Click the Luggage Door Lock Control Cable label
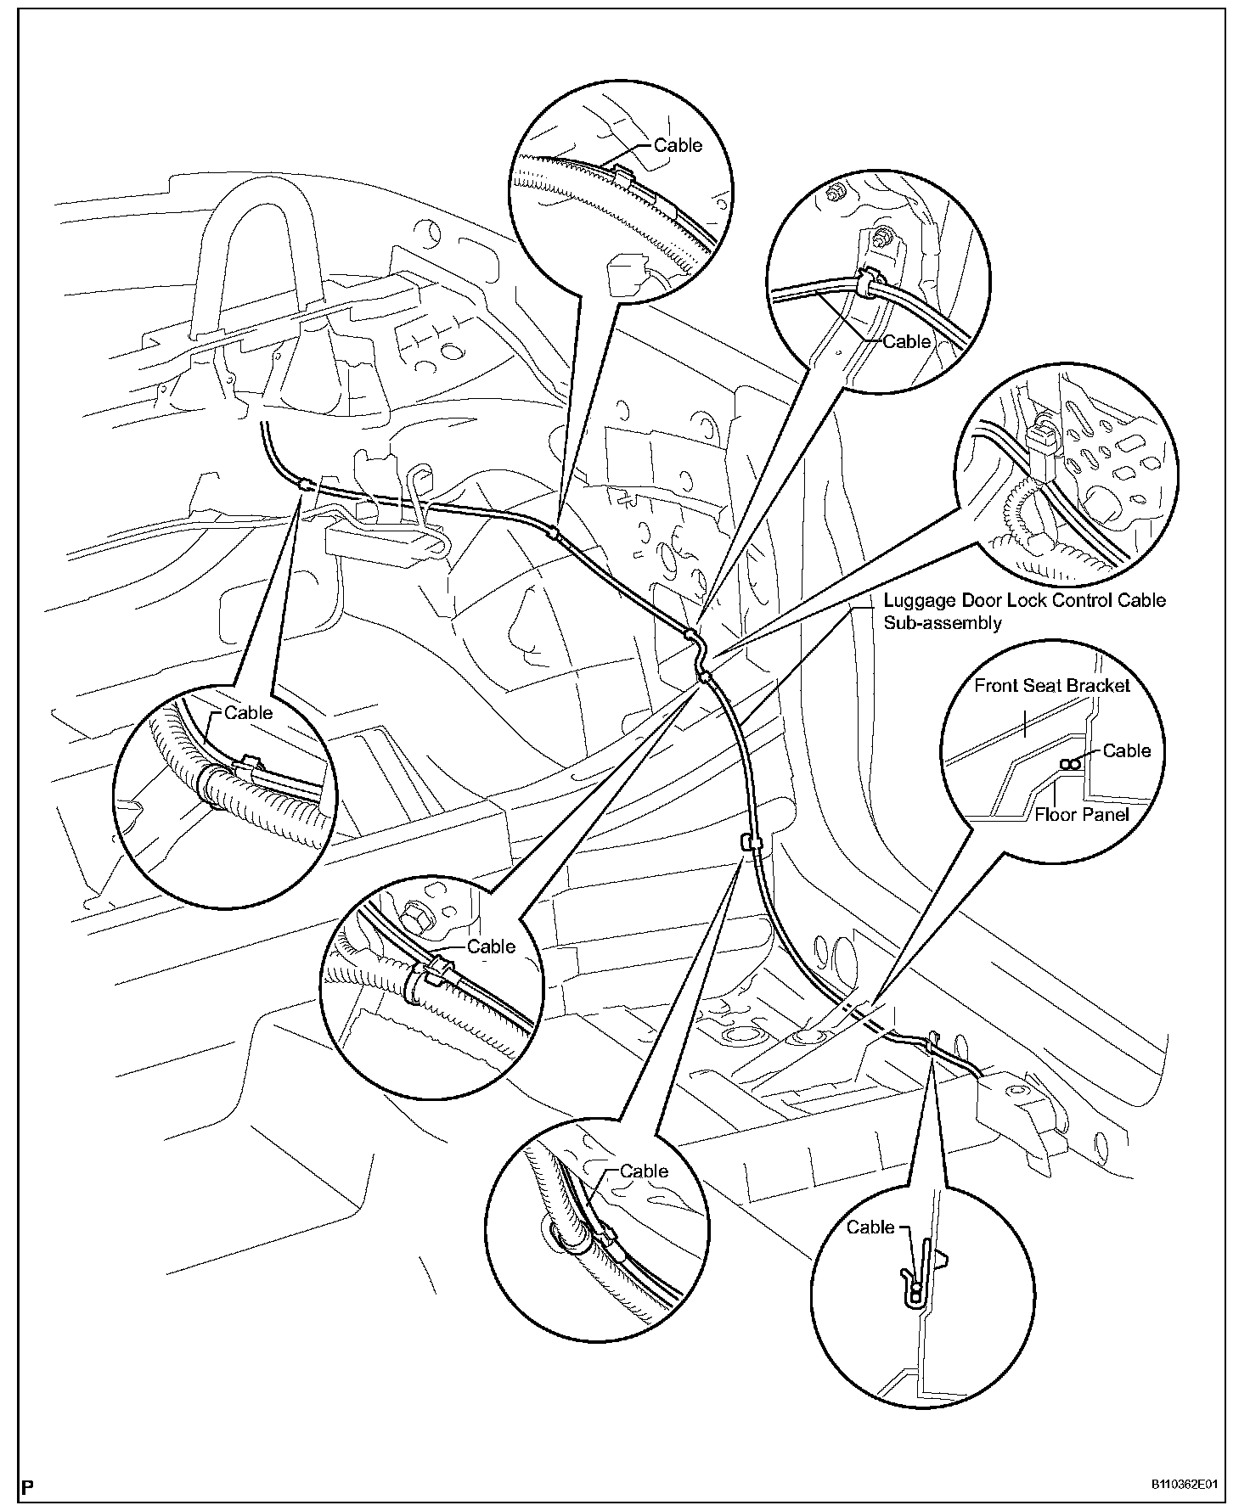pos(1024,601)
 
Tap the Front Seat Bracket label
pos(1051,685)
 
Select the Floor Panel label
pos(1081,815)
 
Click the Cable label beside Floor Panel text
pos(1126,750)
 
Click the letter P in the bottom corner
pos(28,1486)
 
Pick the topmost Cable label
pos(678,145)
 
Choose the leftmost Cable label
pos(248,712)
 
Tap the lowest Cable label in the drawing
pos(870,1227)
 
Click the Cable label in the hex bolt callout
pos(492,946)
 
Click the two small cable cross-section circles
pos(1069,764)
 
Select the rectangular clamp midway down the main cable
pos(751,842)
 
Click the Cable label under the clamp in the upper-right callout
pos(906,341)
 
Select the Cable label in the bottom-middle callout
pos(644,1171)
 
